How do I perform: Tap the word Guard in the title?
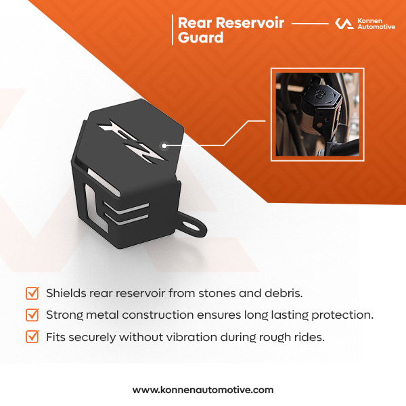(200, 39)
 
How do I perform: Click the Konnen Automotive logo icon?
(344, 24)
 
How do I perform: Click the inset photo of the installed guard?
(317, 114)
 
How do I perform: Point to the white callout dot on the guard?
(163, 144)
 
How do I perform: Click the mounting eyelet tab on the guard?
(194, 218)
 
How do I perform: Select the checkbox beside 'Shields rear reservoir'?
(32, 294)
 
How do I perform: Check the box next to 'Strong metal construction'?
(32, 315)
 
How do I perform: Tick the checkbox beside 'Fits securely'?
(32, 336)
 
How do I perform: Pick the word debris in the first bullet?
(285, 294)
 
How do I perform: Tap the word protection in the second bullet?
(343, 315)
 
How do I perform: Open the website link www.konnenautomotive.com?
(203, 390)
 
